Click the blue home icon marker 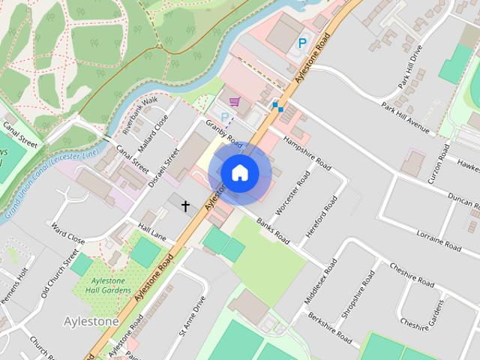tap(239, 172)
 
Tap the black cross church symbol tap(185, 205)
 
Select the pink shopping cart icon tap(235, 102)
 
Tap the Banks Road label tap(272, 231)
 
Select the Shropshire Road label tap(357, 294)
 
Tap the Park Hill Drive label tap(411, 67)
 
